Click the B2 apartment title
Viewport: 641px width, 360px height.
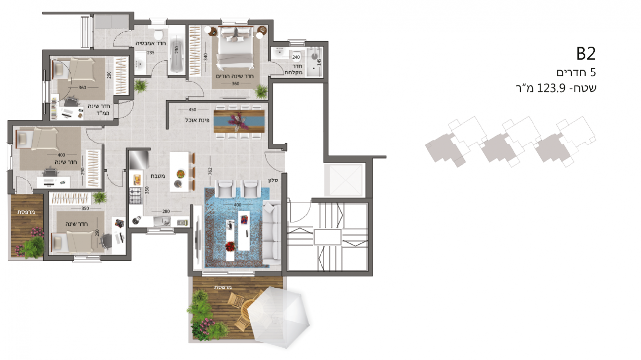tap(586, 54)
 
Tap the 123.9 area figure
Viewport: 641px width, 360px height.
tap(551, 88)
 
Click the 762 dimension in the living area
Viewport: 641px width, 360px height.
tap(210, 171)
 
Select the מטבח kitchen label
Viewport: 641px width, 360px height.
tap(158, 176)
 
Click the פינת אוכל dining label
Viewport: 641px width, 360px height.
tap(197, 120)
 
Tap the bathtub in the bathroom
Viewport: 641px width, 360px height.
tap(177, 54)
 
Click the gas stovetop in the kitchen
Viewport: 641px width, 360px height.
tap(136, 196)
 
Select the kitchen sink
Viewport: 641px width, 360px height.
tap(162, 221)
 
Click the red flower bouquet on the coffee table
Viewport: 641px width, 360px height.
tap(230, 246)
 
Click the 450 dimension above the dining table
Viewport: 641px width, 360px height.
tap(193, 110)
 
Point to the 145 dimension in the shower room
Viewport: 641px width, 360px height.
tap(319, 62)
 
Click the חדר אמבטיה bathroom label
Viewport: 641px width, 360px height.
tap(150, 43)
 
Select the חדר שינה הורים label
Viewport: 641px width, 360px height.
tap(235, 76)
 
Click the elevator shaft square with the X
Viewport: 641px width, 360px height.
tap(345, 180)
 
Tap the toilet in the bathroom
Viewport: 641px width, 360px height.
tap(158, 34)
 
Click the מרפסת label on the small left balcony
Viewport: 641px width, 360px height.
tap(26, 212)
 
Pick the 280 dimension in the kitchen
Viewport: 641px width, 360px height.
tap(166, 211)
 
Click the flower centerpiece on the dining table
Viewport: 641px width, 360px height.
tap(237, 121)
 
